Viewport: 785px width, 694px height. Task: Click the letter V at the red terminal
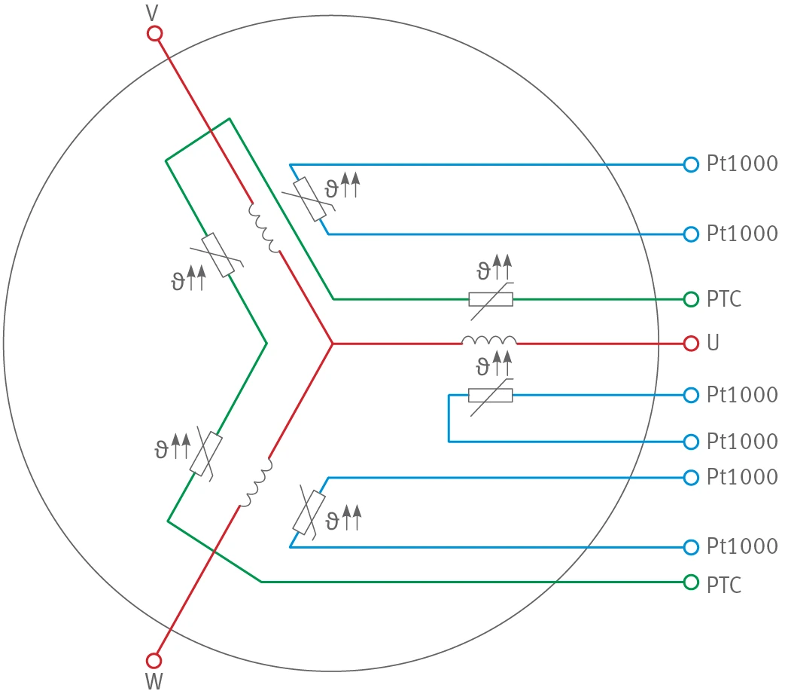152,13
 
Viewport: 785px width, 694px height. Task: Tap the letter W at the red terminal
154,681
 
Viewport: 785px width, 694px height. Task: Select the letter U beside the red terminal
713,343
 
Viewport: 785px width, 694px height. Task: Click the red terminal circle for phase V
155,34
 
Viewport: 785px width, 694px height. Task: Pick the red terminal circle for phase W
154,660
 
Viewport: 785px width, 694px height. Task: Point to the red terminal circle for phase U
691,344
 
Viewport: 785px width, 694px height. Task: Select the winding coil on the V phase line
264,228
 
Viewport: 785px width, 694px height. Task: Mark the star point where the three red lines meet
333,344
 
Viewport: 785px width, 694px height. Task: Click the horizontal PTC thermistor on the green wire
491,300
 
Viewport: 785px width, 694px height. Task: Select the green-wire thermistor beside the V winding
218,255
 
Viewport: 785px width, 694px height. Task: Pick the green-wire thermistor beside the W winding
205,454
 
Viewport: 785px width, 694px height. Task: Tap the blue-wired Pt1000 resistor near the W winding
309,513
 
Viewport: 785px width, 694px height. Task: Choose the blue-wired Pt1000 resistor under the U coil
491,396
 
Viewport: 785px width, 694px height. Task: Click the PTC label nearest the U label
724,299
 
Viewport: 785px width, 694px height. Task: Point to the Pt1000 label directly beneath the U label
742,395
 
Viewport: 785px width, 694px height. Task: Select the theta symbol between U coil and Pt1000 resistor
482,367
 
